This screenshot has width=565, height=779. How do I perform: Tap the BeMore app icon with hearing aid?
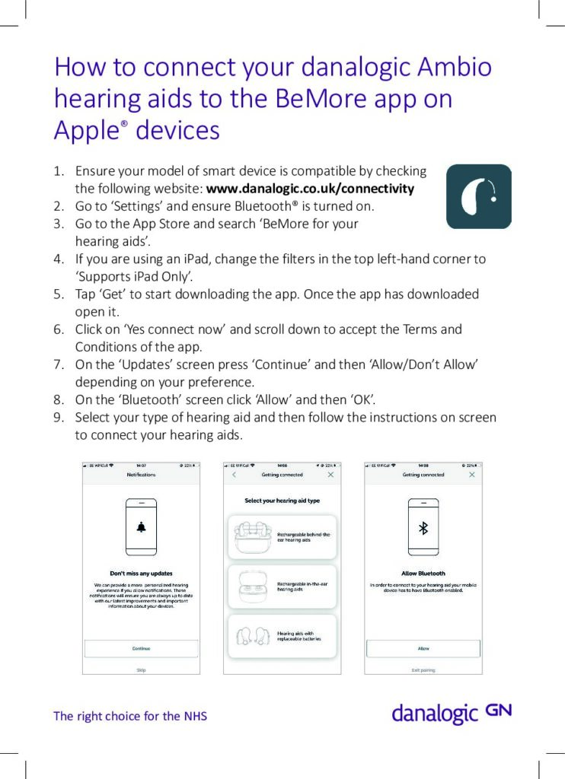(478, 196)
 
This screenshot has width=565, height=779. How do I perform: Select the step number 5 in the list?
(58, 294)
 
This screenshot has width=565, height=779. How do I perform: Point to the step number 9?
(58, 417)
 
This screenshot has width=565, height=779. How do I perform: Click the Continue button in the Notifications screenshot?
(141, 648)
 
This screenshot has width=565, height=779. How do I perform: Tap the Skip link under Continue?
(141, 670)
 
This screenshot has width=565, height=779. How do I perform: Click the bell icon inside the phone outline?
(141, 527)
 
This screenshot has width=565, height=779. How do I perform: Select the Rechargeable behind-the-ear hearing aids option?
(281, 537)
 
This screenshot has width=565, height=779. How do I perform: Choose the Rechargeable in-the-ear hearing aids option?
(281, 586)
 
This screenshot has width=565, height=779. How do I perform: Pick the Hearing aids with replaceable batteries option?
(281, 635)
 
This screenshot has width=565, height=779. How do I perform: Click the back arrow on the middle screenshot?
(234, 475)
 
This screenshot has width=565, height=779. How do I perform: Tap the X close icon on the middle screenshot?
(330, 475)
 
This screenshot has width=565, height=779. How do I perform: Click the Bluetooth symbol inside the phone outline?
(424, 528)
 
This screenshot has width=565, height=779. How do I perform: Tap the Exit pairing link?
(423, 670)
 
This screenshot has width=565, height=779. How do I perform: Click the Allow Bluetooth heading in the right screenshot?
(423, 574)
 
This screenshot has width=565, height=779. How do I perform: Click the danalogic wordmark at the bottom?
(434, 714)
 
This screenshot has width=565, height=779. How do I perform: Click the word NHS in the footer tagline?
(195, 716)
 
